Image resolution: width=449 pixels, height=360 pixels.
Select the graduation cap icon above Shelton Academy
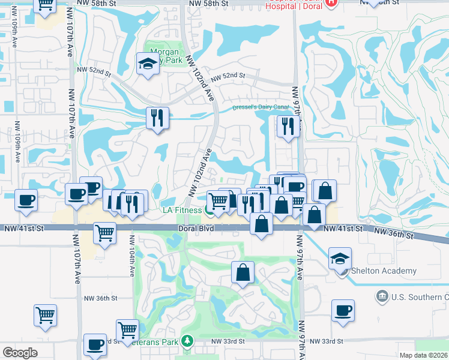tap(340, 258)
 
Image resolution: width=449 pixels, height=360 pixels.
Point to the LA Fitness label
tap(183, 210)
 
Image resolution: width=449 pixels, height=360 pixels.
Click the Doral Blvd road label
tap(196, 229)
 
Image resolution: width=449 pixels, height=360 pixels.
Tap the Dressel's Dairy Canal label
tap(261, 107)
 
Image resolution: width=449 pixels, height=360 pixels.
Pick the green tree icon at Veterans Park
tap(187, 341)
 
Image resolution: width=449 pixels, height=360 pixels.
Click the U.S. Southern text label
tap(420, 297)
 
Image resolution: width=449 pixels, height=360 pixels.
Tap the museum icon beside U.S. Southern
tap(381, 297)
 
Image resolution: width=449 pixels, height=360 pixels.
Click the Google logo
tap(20, 352)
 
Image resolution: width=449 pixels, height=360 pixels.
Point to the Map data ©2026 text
tap(423, 355)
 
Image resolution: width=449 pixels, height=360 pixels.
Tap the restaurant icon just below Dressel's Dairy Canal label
tap(288, 126)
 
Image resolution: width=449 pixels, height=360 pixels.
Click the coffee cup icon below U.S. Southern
tap(343, 310)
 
